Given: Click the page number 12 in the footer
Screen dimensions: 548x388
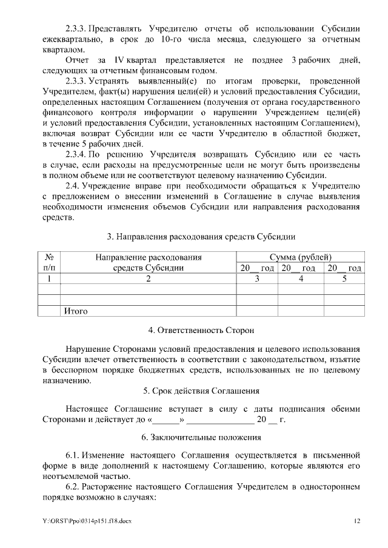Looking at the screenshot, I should point(357,521).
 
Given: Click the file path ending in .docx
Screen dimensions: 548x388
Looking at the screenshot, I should point(82,521).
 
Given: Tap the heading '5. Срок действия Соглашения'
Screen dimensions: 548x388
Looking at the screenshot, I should point(201,391).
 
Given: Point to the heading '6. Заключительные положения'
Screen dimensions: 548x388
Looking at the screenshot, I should point(201,437).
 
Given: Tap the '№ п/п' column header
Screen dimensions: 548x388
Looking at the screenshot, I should point(49,262).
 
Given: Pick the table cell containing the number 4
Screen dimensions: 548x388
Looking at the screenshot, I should point(301,279).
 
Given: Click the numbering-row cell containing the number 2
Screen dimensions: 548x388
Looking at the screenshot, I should point(148,279).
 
